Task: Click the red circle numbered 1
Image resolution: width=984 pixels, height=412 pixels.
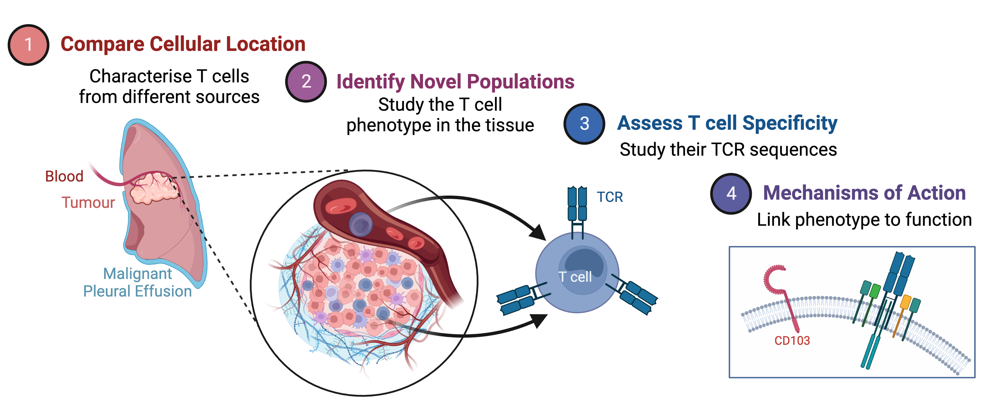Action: click(28, 45)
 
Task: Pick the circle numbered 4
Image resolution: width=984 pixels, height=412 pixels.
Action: click(731, 193)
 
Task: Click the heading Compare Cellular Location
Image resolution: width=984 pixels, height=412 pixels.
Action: click(183, 44)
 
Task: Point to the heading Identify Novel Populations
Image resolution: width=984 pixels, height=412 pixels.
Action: click(455, 82)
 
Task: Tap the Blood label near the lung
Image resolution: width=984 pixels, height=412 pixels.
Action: click(64, 176)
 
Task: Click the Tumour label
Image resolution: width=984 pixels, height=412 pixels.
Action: click(88, 202)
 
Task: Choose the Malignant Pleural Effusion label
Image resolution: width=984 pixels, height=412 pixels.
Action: click(138, 282)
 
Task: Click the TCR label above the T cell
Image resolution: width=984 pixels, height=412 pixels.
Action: click(610, 197)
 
